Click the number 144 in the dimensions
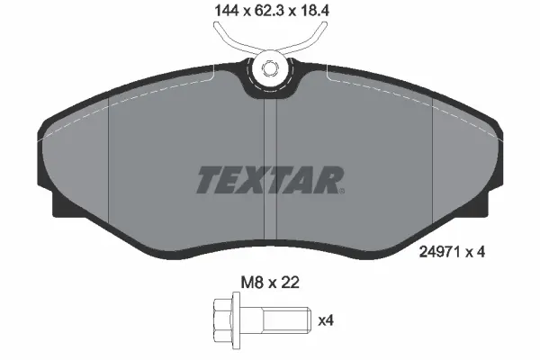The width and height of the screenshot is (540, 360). (x=217, y=12)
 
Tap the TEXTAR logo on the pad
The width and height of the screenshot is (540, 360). (x=269, y=180)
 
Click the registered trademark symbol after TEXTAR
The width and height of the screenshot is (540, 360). (x=340, y=189)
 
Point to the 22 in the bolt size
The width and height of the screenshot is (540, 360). (x=290, y=283)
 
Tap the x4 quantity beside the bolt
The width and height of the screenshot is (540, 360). (x=327, y=319)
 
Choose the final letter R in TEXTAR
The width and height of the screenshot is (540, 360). (x=328, y=180)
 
